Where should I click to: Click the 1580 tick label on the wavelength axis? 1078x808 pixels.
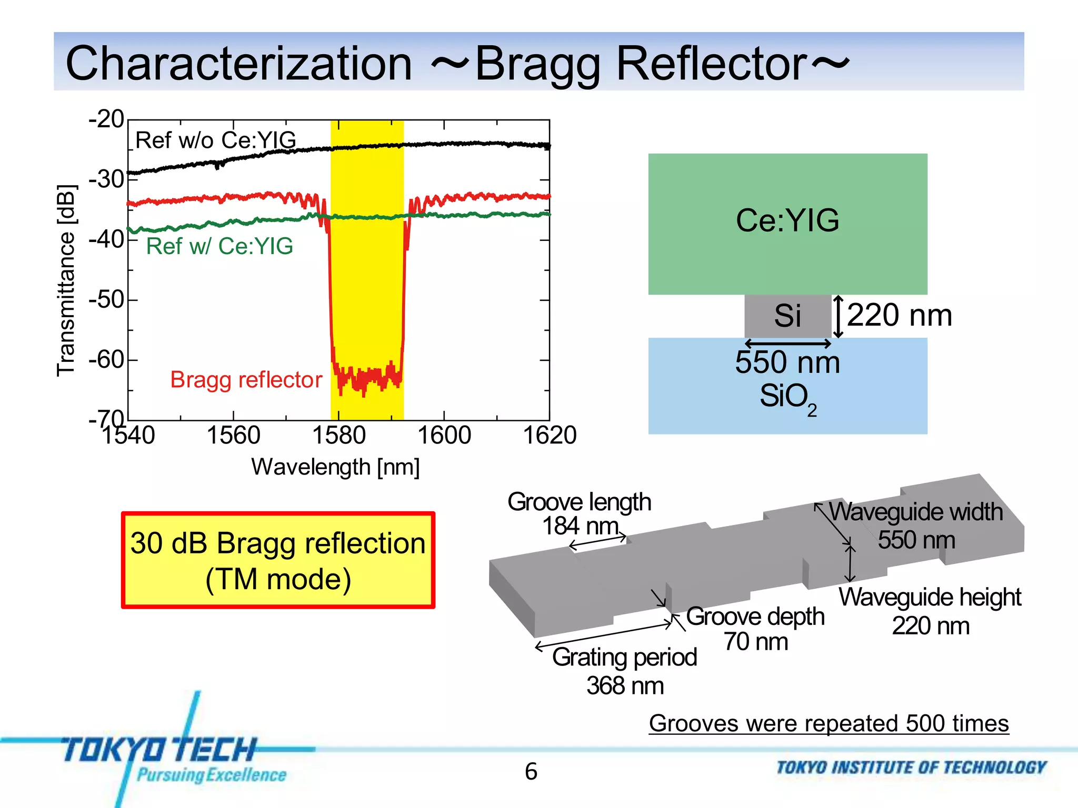pos(338,436)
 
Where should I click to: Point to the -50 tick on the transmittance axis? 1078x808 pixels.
pos(107,300)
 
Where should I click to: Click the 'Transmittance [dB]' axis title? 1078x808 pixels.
pos(66,280)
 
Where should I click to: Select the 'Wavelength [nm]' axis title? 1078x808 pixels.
pos(335,467)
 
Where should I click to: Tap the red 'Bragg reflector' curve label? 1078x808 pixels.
pos(246,380)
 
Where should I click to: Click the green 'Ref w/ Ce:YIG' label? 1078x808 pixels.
pos(219,246)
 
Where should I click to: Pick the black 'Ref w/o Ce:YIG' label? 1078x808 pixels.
pos(215,140)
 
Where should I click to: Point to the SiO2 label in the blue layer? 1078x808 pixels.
pos(787,397)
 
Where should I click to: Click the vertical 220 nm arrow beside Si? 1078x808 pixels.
pos(839,316)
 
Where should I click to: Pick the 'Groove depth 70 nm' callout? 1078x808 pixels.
pos(755,629)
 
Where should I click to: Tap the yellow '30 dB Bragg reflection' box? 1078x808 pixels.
pos(278,560)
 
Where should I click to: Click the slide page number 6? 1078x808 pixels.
pos(531,772)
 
